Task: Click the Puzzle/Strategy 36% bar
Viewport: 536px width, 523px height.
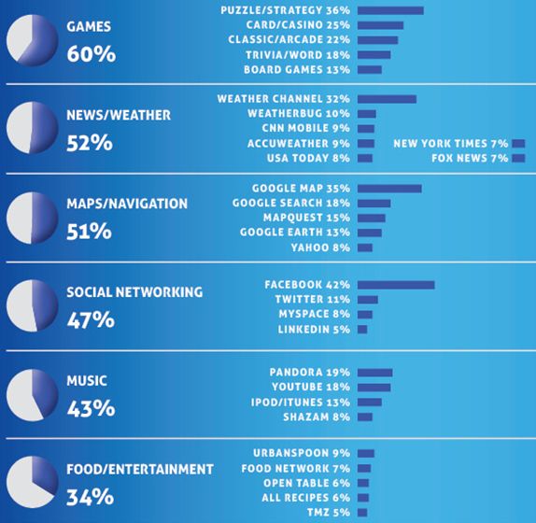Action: point(390,10)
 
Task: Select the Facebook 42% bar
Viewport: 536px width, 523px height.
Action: point(396,285)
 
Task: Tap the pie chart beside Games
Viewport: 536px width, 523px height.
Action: point(32,40)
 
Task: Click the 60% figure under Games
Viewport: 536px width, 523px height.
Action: point(92,54)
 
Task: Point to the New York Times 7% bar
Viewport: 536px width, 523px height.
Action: point(518,144)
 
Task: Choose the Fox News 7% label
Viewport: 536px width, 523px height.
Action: point(470,158)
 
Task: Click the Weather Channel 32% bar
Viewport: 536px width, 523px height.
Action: point(387,99)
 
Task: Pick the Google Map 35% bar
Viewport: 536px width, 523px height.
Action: point(389,189)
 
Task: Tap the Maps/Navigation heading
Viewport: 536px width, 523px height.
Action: point(127,204)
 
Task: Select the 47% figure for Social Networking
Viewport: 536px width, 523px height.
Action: point(91,320)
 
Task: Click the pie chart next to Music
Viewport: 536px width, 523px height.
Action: point(32,395)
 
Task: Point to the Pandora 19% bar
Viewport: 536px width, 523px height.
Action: point(375,373)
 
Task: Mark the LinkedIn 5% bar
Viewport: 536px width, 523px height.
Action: point(362,330)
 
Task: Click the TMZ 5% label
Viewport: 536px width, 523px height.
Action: point(329,513)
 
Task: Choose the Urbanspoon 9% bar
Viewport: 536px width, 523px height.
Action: point(366,454)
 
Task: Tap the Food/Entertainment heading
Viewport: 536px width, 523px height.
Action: point(140,470)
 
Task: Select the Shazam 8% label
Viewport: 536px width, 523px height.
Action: point(317,417)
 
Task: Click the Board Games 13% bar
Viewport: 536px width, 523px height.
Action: point(370,70)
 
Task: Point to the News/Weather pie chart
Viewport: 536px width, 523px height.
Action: point(32,128)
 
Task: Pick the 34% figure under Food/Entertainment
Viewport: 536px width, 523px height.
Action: point(91,497)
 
